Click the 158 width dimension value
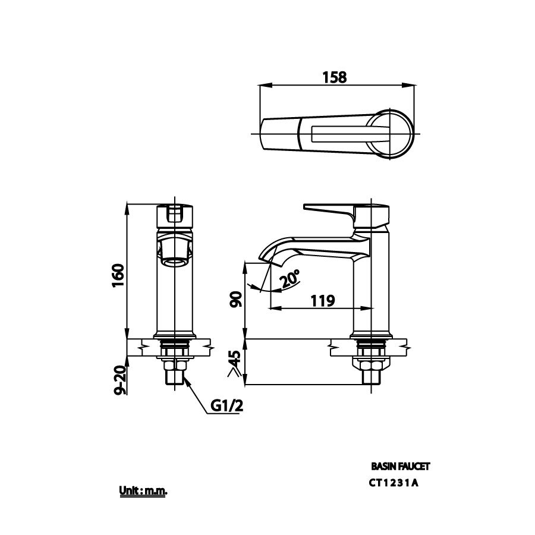pos(334,77)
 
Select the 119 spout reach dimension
pos(322,300)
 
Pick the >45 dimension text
pos(235,364)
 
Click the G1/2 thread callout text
pos(227,406)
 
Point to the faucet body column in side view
pos(371,285)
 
